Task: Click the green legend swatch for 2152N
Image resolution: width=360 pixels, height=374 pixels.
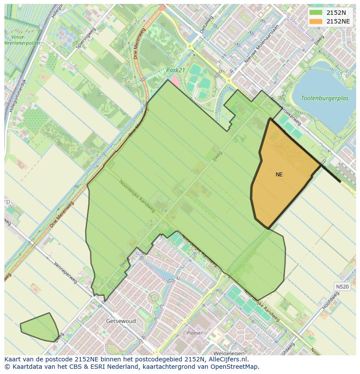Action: [316, 13]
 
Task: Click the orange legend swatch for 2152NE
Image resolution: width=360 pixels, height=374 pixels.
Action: [316, 21]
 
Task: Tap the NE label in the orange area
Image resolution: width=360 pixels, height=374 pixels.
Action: [279, 175]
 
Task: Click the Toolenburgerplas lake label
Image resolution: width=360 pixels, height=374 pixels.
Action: [325, 98]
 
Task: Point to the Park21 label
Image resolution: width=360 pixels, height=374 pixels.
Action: [175, 70]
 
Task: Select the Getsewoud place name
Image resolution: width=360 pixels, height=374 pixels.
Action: [121, 321]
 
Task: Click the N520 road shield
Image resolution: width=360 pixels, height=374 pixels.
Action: [342, 287]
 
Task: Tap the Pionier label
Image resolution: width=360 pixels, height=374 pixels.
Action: [195, 333]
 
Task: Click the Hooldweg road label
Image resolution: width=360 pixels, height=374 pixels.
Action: [330, 301]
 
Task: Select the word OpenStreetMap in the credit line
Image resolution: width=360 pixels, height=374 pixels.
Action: [235, 367]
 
